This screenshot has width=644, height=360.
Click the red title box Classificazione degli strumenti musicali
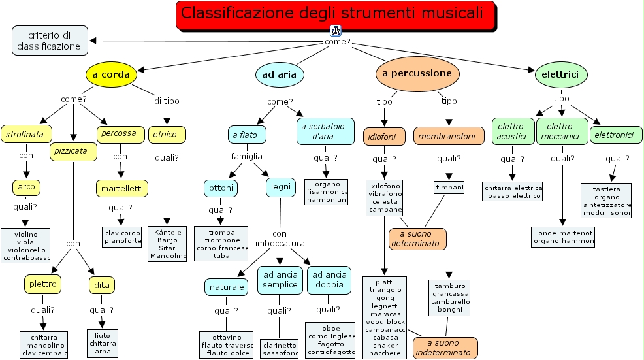[x=335, y=14]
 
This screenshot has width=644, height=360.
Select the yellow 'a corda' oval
[x=111, y=74]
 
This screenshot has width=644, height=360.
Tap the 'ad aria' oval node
[x=279, y=74]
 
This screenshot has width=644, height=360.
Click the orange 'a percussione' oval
[x=417, y=73]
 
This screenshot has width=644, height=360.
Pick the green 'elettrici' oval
[x=561, y=74]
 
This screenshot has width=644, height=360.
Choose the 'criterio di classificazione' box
[x=50, y=40]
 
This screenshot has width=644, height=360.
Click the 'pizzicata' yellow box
[x=73, y=152]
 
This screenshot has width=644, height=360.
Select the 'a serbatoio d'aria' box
[x=325, y=131]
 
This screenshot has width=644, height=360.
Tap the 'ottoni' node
[x=220, y=188]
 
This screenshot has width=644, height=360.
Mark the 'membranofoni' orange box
[x=449, y=136]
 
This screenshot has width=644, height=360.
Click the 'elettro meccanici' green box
[x=562, y=131]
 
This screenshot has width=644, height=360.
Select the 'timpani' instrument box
[x=449, y=188]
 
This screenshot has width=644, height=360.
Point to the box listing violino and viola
[x=25, y=246]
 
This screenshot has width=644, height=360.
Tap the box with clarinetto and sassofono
[x=279, y=348]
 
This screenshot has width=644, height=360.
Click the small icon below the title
[x=336, y=30]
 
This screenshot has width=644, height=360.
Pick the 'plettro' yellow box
[x=43, y=284]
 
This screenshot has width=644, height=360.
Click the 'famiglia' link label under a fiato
[x=246, y=156]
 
